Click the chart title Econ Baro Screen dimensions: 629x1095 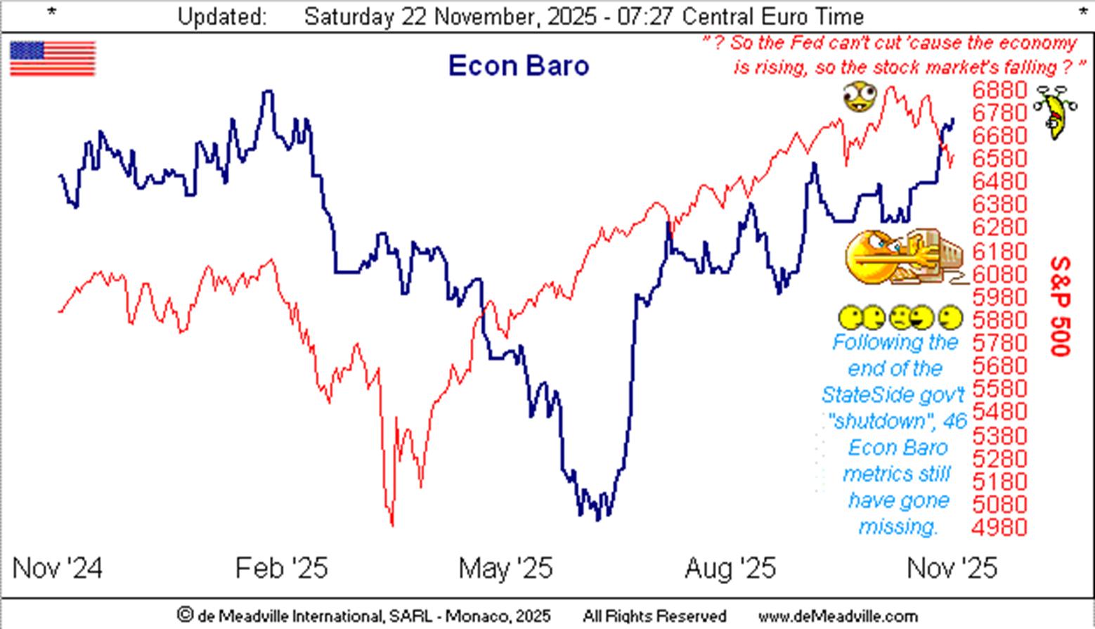(519, 66)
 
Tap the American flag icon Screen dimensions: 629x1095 (53, 58)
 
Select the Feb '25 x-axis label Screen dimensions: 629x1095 (282, 568)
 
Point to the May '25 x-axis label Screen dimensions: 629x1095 (505, 568)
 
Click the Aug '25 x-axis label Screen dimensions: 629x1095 (730, 568)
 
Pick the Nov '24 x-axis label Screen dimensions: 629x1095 (58, 568)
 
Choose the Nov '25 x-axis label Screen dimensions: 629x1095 (952, 568)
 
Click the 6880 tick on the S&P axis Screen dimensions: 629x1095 (999, 90)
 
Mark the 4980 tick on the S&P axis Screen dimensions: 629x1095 (999, 526)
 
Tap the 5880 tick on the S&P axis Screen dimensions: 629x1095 (999, 320)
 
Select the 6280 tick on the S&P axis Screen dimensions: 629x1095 (999, 228)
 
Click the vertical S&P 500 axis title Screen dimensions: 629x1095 (1061, 306)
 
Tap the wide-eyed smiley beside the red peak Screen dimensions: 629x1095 (860, 96)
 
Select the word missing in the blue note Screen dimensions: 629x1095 (898, 526)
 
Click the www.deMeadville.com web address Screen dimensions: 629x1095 (838, 616)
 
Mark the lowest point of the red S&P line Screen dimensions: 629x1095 (391, 524)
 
